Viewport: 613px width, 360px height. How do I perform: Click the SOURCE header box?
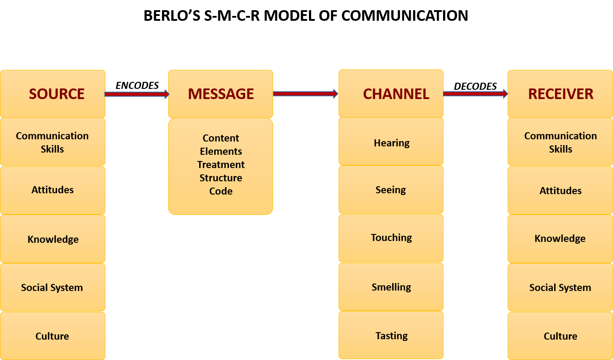pyautogui.click(x=53, y=94)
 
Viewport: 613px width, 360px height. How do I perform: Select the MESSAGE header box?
pyautogui.click(x=220, y=94)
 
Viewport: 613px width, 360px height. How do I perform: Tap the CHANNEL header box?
pyautogui.click(x=391, y=93)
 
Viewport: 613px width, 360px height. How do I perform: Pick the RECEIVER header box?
pyautogui.click(x=560, y=94)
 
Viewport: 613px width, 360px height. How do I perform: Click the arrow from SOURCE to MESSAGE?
pyautogui.click(x=136, y=94)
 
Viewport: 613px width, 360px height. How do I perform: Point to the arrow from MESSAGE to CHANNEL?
pyautogui.click(x=305, y=93)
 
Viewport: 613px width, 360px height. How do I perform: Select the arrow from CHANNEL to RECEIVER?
pyautogui.click(x=475, y=93)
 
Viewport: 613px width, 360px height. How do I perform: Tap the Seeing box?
pyautogui.click(x=391, y=190)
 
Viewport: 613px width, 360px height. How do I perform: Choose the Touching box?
pyautogui.click(x=391, y=238)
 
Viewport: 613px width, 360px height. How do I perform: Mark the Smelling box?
pyautogui.click(x=391, y=287)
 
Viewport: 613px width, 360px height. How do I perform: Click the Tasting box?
pyautogui.click(x=391, y=335)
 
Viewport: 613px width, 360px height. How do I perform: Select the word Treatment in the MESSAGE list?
pyautogui.click(x=220, y=165)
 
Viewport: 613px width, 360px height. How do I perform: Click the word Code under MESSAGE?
pyautogui.click(x=220, y=191)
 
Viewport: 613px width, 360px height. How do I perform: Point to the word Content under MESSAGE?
pyautogui.click(x=220, y=138)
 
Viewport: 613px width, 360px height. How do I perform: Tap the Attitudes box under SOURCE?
pyautogui.click(x=53, y=190)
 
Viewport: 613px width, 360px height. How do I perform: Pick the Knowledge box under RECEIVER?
pyautogui.click(x=560, y=239)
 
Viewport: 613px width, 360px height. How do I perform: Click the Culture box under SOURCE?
pyautogui.click(x=53, y=336)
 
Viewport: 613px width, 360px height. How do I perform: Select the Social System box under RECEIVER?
pyautogui.click(x=560, y=287)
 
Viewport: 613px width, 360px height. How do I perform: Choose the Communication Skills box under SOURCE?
pyautogui.click(x=53, y=142)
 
